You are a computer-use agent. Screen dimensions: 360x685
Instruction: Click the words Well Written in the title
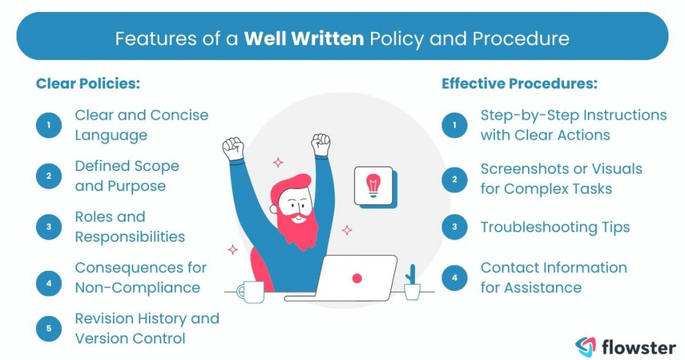[303, 38]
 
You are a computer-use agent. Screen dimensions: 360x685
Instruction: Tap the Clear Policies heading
[88, 84]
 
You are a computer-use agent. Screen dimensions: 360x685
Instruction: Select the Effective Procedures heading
[519, 84]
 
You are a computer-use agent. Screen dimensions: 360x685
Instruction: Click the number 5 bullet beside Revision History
[49, 329]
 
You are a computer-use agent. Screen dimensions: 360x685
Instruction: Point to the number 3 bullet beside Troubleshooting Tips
[454, 227]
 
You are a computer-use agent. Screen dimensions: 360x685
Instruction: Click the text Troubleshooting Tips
[555, 227]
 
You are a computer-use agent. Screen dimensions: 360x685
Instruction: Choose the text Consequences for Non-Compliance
[140, 277]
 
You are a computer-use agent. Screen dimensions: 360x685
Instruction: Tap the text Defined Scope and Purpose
[127, 176]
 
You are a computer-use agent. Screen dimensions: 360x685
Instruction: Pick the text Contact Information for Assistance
[553, 277]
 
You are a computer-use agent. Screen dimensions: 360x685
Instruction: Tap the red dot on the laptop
[357, 278]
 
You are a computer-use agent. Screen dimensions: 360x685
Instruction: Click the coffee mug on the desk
[249, 291]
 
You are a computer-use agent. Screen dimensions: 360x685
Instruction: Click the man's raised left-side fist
[233, 148]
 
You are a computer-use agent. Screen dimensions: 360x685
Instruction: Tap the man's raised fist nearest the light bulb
[321, 144]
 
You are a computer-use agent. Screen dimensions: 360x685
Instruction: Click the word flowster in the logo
[638, 346]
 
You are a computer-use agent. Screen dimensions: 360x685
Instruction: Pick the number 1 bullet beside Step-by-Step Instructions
[454, 125]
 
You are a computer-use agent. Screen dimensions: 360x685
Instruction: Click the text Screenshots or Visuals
[561, 168]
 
